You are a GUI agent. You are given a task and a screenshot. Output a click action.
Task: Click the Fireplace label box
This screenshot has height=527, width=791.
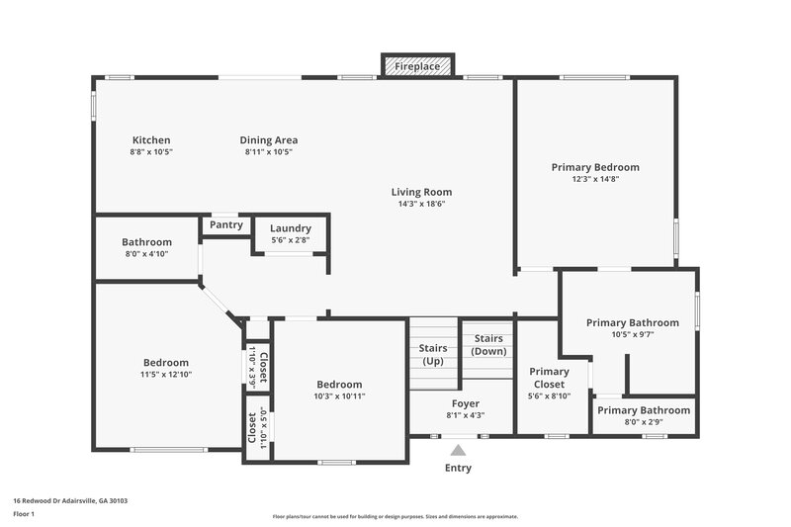pyautogui.click(x=417, y=66)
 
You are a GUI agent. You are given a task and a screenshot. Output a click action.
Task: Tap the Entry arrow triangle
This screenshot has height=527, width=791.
pyautogui.click(x=458, y=451)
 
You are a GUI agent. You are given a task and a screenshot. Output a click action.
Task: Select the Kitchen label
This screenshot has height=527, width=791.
pyautogui.click(x=151, y=140)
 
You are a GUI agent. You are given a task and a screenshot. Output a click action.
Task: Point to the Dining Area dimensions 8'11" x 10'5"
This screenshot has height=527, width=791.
pyautogui.click(x=268, y=152)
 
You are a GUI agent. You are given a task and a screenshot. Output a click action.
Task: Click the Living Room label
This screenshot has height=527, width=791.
pyautogui.click(x=421, y=192)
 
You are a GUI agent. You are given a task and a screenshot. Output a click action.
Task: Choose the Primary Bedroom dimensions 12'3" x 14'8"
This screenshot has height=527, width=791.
pyautogui.click(x=595, y=180)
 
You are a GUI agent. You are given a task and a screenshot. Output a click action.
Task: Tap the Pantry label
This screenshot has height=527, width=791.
pyautogui.click(x=226, y=224)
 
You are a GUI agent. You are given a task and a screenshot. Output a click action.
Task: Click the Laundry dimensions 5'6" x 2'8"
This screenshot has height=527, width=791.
pyautogui.click(x=291, y=239)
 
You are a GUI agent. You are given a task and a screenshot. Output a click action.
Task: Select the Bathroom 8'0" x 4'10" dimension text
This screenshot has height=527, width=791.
pyautogui.click(x=146, y=254)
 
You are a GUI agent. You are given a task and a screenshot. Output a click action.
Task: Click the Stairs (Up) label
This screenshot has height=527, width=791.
pyautogui.click(x=433, y=354)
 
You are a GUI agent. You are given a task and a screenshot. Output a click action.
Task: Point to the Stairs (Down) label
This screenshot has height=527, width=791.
pyautogui.click(x=488, y=345)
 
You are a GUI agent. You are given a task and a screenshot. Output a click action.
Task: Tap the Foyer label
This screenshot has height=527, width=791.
pyautogui.click(x=465, y=403)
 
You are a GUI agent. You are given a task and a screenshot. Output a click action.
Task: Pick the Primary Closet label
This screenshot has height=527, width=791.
pyautogui.click(x=549, y=378)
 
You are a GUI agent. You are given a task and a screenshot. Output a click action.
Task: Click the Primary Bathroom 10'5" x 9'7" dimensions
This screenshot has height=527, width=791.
pyautogui.click(x=632, y=334)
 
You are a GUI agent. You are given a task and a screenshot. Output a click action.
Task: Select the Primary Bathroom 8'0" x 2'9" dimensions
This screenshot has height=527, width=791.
pyautogui.click(x=643, y=422)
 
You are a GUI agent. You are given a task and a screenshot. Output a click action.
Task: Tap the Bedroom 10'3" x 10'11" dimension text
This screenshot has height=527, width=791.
pyautogui.click(x=339, y=396)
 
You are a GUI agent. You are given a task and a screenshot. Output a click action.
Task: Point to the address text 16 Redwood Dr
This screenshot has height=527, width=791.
pyautogui.click(x=70, y=500)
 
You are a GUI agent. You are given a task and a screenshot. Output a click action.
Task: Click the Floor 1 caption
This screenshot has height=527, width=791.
pyautogui.click(x=24, y=515)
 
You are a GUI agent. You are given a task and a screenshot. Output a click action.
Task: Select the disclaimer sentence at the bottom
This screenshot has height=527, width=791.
pyautogui.click(x=395, y=516)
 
